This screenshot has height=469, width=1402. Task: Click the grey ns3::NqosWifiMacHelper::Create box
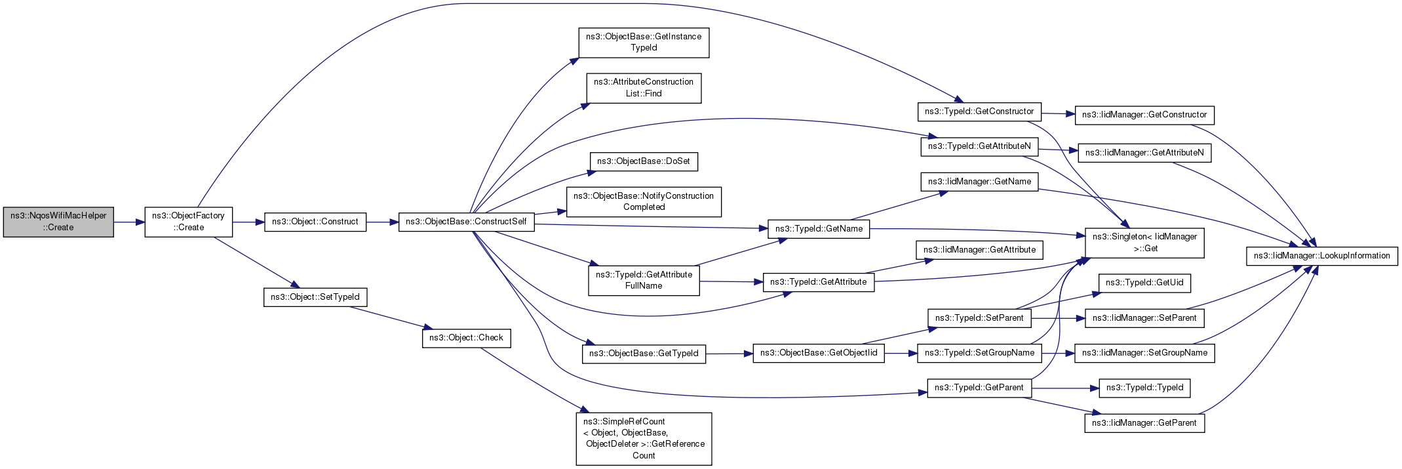[x=58, y=222]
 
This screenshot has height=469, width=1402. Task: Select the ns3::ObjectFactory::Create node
[x=189, y=222]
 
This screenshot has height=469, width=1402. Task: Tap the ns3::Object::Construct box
[x=315, y=222]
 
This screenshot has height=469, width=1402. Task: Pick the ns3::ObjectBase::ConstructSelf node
[x=466, y=222]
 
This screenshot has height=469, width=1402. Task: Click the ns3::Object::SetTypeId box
[x=315, y=297]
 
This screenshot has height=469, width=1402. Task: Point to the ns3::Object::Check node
[x=466, y=338]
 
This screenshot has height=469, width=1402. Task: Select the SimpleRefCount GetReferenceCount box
[x=644, y=439]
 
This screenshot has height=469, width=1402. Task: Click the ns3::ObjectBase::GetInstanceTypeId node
[x=644, y=43]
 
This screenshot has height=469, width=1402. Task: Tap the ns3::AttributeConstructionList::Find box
[x=644, y=88]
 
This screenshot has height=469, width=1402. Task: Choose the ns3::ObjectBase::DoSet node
[x=644, y=161]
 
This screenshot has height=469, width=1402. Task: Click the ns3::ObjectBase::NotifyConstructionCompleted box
[x=644, y=201]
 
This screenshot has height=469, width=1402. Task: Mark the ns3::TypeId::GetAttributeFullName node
[x=644, y=280]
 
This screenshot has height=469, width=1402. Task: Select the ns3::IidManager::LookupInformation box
[x=1322, y=256]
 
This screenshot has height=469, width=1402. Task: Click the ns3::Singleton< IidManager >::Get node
[x=1144, y=243]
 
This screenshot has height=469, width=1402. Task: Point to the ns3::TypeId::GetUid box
[x=1144, y=283]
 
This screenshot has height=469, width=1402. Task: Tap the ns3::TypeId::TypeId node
[x=1144, y=388]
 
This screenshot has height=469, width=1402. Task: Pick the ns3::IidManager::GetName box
[x=979, y=182]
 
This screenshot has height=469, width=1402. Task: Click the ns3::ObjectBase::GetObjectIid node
[x=819, y=353]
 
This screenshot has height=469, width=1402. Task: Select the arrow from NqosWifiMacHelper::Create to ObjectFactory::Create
[x=129, y=222]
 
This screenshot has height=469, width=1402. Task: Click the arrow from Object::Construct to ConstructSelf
[x=383, y=222]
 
